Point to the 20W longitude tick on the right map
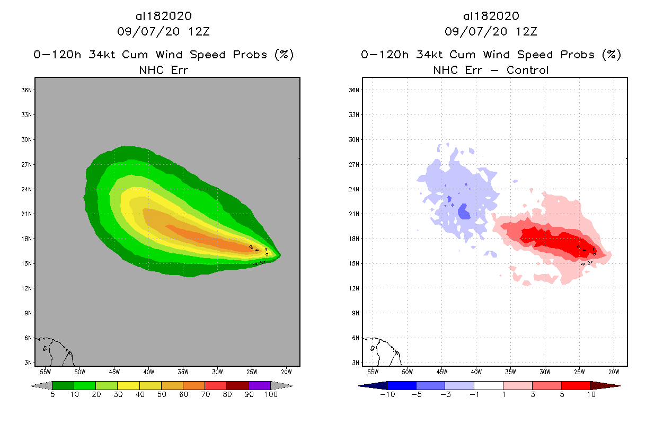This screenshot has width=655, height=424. [613, 371]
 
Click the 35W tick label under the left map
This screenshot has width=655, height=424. [183, 371]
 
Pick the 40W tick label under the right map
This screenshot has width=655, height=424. [476, 371]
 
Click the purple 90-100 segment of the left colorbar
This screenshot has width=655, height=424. [260, 385]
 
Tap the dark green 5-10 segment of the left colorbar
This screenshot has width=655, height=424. [63, 385]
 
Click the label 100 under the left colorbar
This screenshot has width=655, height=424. [271, 395]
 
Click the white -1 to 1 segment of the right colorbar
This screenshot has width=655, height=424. [488, 385]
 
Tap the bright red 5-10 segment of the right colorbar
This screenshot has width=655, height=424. [576, 385]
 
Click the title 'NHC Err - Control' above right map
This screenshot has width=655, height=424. [491, 70]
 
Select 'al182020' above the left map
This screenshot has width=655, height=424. [163, 16]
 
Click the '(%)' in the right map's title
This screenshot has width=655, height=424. [611, 55]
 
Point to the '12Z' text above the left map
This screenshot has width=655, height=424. [199, 31]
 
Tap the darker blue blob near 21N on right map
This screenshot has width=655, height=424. [464, 212]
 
